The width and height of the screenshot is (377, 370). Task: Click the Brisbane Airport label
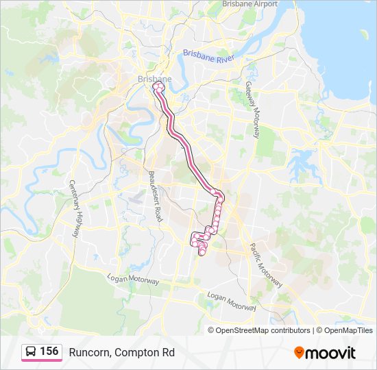click(x=250, y=4)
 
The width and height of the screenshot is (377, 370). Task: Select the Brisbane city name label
click(x=154, y=79)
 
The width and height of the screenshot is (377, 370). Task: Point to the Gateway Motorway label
click(x=252, y=110)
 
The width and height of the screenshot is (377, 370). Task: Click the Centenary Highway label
click(x=75, y=206)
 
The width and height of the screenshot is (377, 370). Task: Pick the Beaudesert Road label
click(x=154, y=196)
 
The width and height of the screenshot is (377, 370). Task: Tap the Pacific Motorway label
click(x=265, y=265)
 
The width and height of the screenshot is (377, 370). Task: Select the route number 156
click(x=49, y=351)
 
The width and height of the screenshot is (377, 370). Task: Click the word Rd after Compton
click(x=168, y=352)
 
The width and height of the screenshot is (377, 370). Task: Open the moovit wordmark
click(x=330, y=353)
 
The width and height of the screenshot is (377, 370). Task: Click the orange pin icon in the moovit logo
click(x=299, y=352)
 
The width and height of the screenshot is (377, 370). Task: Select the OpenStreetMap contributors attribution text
click(x=263, y=330)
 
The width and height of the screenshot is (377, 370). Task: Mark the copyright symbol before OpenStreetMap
click(x=211, y=330)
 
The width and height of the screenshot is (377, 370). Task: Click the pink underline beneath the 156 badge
click(x=41, y=360)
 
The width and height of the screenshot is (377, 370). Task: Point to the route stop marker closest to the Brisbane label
click(x=158, y=86)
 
